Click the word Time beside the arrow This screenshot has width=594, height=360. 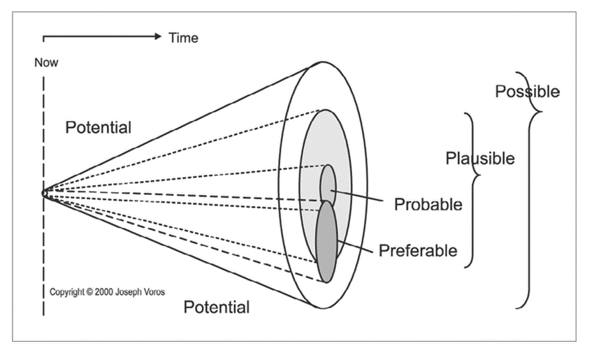click(183, 38)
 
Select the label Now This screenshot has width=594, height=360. click(46, 63)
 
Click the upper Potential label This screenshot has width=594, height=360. click(98, 127)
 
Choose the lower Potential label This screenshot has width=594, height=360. click(216, 306)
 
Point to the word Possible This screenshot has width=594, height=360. click(527, 92)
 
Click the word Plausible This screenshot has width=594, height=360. click(480, 159)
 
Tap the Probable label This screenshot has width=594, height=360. click(428, 204)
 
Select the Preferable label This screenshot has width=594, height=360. click(418, 250)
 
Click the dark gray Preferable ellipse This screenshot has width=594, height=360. click(326, 241)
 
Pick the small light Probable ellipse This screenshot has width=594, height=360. click(328, 182)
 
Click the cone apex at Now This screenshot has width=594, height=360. click(43, 192)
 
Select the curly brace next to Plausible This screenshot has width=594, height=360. click(473, 185)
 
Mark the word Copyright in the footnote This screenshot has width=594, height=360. click(68, 292)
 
